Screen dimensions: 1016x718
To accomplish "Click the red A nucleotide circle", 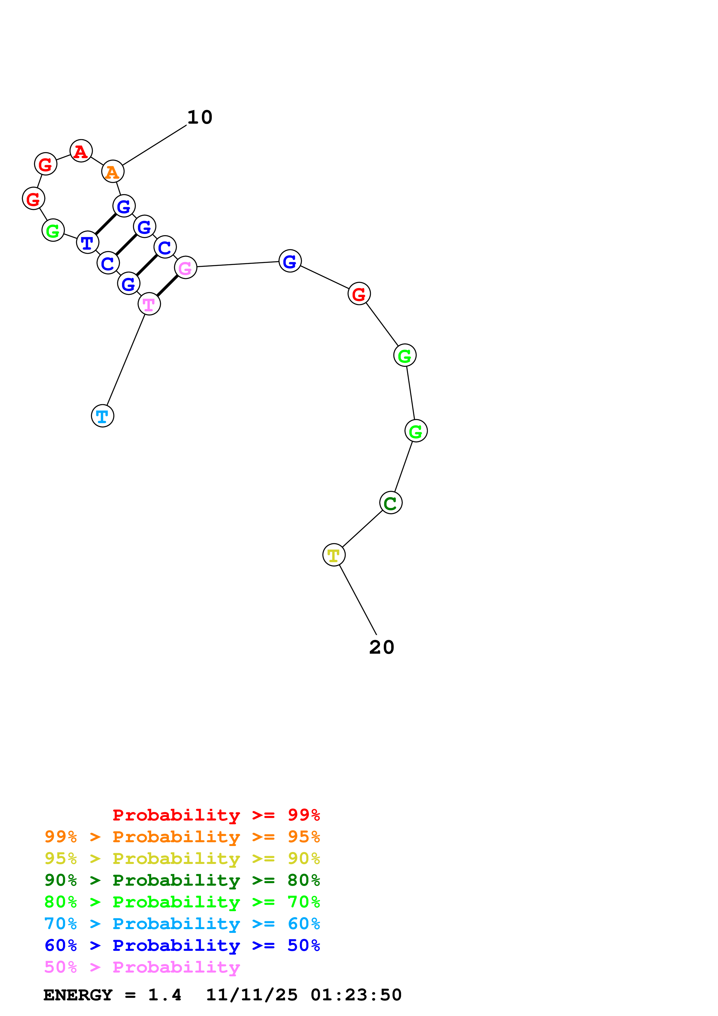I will pyautogui.click(x=81, y=151).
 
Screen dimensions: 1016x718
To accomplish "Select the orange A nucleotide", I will pyautogui.click(x=113, y=172).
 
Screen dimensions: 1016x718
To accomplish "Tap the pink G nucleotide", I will pyautogui.click(x=185, y=268).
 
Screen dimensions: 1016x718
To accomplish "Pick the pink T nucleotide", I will pyautogui.click(x=149, y=304).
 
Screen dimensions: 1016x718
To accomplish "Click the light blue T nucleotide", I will pyautogui.click(x=103, y=416).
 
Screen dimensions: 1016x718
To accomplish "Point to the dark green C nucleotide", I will pyautogui.click(x=391, y=503).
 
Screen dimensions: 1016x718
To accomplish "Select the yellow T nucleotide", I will pyautogui.click(x=334, y=555).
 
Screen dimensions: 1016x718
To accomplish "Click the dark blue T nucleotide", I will pyautogui.click(x=87, y=242).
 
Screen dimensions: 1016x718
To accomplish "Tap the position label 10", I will pyautogui.click(x=200, y=117).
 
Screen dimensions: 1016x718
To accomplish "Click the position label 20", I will pyautogui.click(x=382, y=647).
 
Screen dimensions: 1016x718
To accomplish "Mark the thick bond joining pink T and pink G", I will pyautogui.click(x=167, y=286).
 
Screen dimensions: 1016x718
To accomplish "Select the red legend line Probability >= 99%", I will pyautogui.click(x=216, y=815).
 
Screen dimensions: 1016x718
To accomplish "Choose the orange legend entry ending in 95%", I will pyautogui.click(x=182, y=837).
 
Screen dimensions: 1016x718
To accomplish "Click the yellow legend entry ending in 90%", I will pyautogui.click(x=182, y=858).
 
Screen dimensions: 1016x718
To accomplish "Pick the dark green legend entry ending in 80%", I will pyautogui.click(x=182, y=880).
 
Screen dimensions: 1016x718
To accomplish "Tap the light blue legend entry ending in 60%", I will pyautogui.click(x=182, y=924).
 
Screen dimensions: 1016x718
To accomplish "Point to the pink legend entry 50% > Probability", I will pyautogui.click(x=142, y=967).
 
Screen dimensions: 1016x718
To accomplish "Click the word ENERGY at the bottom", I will pyautogui.click(x=78, y=995).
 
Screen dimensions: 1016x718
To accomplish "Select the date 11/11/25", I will pyautogui.click(x=252, y=995).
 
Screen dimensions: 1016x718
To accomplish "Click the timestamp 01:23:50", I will pyautogui.click(x=356, y=995).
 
